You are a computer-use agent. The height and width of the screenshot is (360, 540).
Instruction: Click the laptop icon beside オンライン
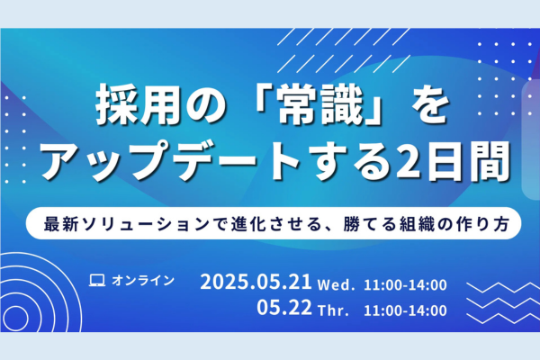tap(97, 281)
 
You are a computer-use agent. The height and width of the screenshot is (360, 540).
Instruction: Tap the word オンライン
tap(143, 281)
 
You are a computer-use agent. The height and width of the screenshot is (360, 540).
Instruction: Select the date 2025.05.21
tap(256, 282)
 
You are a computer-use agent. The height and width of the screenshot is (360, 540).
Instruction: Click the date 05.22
tap(284, 307)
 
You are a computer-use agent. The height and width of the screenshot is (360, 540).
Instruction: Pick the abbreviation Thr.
tap(333, 310)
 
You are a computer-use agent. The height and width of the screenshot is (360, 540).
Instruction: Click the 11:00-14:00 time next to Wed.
tap(405, 285)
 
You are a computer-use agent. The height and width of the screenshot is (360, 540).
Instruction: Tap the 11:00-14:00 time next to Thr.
tap(405, 310)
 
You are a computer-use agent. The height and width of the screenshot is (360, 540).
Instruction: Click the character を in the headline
tap(429, 106)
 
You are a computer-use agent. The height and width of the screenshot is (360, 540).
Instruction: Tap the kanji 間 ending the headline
tap(490, 162)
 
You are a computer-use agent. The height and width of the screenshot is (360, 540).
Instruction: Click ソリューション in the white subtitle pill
tap(147, 224)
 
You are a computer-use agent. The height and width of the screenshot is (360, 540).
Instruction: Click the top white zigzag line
tap(503, 287)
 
